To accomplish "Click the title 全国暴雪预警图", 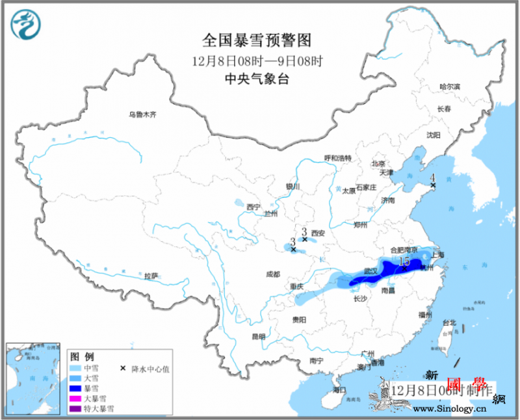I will pyautogui.click(x=257, y=40).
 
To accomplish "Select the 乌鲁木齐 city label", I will pyautogui.click(x=142, y=115).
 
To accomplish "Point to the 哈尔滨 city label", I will pyautogui.click(x=449, y=86).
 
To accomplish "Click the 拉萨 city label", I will pyautogui.click(x=151, y=276).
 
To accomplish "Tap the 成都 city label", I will pyautogui.click(x=274, y=274).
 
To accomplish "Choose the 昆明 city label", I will pyautogui.click(x=258, y=337).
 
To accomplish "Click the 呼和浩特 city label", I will pyautogui.click(x=338, y=158).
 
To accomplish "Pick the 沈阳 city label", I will pyautogui.click(x=433, y=135).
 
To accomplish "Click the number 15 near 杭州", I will pyautogui.click(x=404, y=261).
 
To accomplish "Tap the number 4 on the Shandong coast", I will pyautogui.click(x=432, y=177).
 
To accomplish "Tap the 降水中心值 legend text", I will pyautogui.click(x=153, y=369).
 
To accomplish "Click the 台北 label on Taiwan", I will pyautogui.click(x=448, y=322).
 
